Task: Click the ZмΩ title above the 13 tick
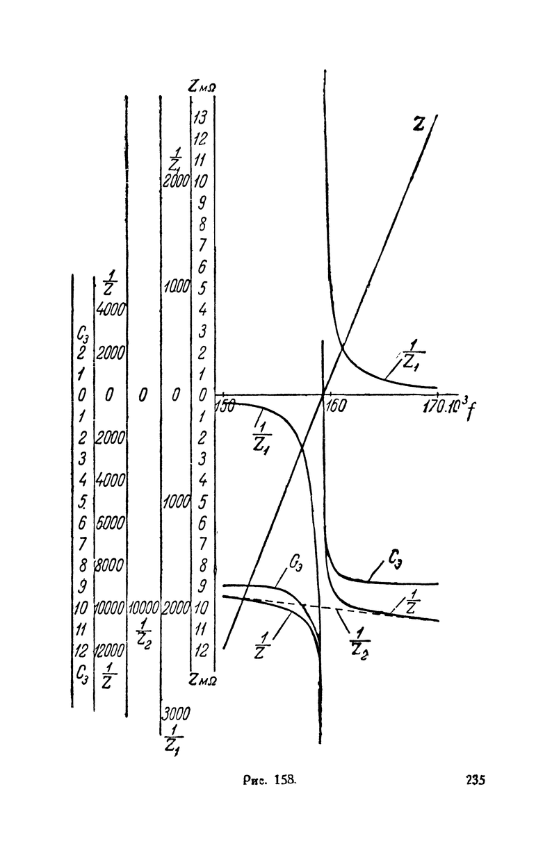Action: (201, 85)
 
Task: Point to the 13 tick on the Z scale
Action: (201, 115)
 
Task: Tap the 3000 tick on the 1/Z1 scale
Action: (176, 713)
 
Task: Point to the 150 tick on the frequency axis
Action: (225, 406)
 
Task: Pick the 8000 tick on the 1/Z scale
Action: (110, 565)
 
